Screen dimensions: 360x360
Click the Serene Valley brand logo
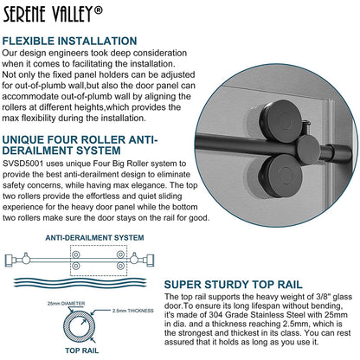[x=53, y=14]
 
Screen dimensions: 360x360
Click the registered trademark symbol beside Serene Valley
[x=99, y=10]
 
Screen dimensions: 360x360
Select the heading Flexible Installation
[x=69, y=41]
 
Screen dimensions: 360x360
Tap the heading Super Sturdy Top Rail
[x=233, y=285]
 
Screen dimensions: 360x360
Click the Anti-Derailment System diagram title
[x=94, y=238]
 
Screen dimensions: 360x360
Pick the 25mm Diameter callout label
[x=66, y=304]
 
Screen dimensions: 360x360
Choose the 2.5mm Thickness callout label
[x=133, y=311]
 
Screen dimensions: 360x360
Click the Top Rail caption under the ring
[x=82, y=350]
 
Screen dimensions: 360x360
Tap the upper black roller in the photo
[x=280, y=121]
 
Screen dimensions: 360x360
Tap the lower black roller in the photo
[x=280, y=177]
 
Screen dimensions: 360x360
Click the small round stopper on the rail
[x=309, y=150]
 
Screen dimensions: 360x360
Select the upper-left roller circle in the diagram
[x=76, y=254]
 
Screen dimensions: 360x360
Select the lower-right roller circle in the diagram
[x=120, y=266]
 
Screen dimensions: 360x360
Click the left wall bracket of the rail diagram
[x=10, y=260]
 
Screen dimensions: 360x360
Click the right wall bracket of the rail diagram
[x=151, y=260]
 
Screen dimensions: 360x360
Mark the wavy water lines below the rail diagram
[x=80, y=282]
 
